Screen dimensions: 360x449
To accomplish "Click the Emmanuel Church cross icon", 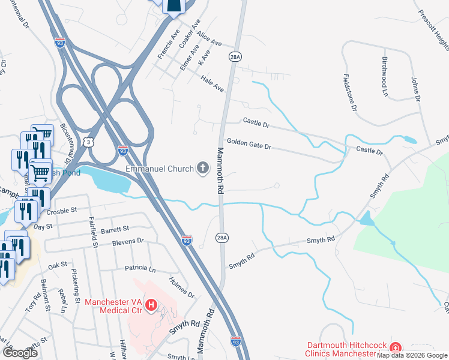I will [x=203, y=169].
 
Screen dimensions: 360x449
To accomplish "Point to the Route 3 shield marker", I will [x=89, y=142].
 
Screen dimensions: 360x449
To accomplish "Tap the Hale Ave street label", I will [x=212, y=83].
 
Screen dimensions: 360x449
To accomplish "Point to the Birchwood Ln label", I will [x=385, y=77].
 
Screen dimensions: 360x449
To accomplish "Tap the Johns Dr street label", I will [x=415, y=88].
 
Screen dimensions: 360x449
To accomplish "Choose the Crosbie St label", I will [x=62, y=211].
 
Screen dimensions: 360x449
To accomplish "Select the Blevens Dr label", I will [x=128, y=241].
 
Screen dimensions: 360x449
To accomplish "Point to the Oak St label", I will [x=57, y=265].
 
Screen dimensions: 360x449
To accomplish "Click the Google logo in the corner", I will [x=20, y=352].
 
